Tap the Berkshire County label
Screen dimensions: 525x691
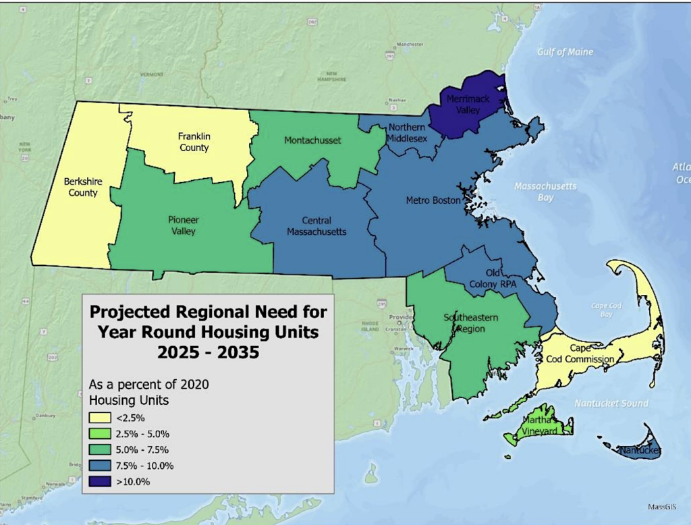point(81,187)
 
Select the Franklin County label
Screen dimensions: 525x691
point(194,142)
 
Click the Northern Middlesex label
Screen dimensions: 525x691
point(407,133)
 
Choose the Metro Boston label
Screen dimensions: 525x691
point(433,200)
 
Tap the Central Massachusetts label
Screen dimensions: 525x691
point(316,226)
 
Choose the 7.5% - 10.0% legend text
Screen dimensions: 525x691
point(145,466)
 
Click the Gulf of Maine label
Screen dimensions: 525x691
point(565,52)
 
